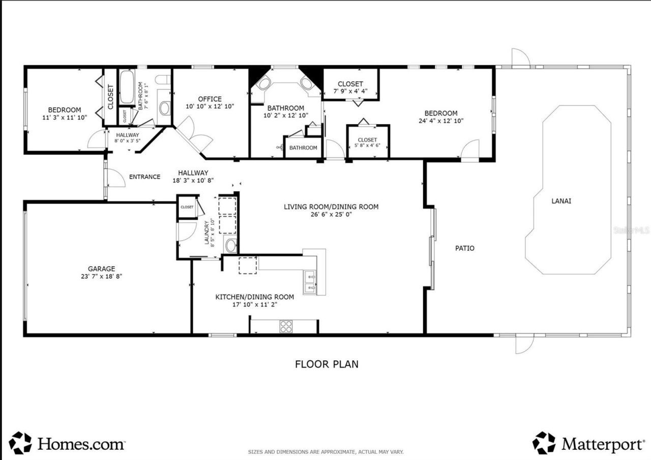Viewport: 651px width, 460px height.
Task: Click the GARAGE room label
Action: pos(101,269)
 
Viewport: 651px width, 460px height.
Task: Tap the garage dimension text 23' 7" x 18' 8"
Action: pos(101,276)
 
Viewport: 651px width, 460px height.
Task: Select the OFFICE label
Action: pos(210,99)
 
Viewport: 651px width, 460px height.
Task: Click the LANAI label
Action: pos(561,201)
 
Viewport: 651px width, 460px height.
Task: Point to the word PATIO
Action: pos(464,248)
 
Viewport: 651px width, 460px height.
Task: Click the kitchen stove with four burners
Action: pos(286,326)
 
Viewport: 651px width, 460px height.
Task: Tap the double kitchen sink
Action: pos(310,282)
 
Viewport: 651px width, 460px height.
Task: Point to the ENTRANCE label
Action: pos(144,177)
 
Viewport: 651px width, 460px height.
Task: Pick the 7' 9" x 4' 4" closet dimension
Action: pos(350,92)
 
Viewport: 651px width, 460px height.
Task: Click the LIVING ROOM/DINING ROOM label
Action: pos(331,207)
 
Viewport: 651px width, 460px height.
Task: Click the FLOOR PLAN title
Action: pos(327,364)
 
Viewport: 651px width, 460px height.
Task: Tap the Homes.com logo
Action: pos(67,443)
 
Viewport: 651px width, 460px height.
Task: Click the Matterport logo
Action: pos(588,443)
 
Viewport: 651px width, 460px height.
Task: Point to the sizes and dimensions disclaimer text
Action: pos(325,452)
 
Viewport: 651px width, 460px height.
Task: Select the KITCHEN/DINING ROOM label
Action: pos(254,297)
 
